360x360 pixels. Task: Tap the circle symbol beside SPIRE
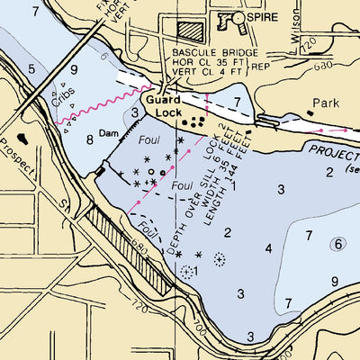(238, 17)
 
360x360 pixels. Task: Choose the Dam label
(109, 132)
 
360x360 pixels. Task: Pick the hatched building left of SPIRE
(191, 28)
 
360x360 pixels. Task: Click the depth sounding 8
(89, 140)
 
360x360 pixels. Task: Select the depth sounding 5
(31, 69)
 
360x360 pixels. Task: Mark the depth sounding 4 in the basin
(268, 247)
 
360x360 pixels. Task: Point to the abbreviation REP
(262, 66)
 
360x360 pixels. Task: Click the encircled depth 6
(337, 244)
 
